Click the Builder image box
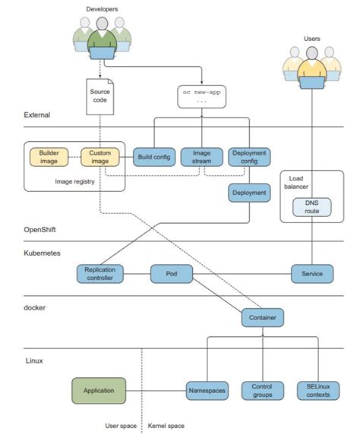pos(49,157)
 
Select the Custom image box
pos(99,157)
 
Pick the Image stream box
pos(201,157)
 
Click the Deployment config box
pos(249,157)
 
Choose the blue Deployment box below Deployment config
pos(249,193)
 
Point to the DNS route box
pos(312,206)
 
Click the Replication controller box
pos(99,274)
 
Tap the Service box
pos(312,274)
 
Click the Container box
pos(263,317)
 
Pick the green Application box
pos(99,391)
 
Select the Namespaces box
pos(207,391)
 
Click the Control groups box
pos(262,391)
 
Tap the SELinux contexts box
pos(317,391)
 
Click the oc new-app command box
pos(201,95)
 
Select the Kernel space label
pos(165,426)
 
